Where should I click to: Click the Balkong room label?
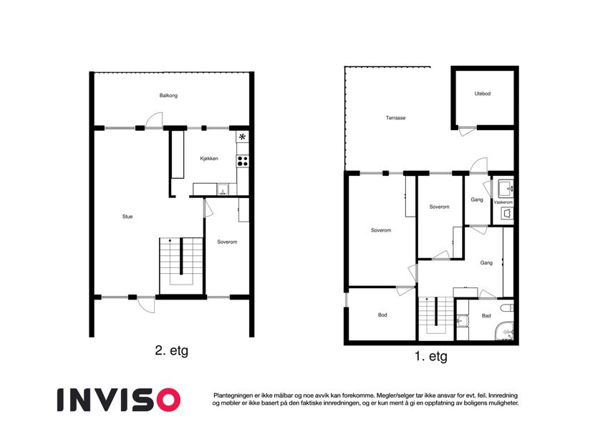(x=168, y=95)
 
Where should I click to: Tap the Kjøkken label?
(x=209, y=158)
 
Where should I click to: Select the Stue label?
(x=127, y=217)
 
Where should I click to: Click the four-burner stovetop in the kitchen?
(x=243, y=161)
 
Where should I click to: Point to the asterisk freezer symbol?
(x=242, y=137)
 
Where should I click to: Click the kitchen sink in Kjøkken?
(x=223, y=189)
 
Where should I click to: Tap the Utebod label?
(x=483, y=94)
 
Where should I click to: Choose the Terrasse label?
(x=395, y=118)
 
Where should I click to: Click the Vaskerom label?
(x=503, y=202)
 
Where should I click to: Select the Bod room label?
(x=382, y=315)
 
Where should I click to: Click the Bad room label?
(x=486, y=315)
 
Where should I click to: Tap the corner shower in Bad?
(x=504, y=331)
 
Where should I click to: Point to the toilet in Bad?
(x=508, y=308)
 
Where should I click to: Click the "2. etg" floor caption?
(x=171, y=351)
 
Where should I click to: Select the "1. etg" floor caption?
(x=431, y=356)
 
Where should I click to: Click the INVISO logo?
(x=119, y=400)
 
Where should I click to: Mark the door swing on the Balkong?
(x=154, y=120)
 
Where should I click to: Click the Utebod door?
(x=467, y=131)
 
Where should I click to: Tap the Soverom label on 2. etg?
(x=227, y=242)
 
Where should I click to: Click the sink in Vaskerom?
(x=506, y=189)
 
